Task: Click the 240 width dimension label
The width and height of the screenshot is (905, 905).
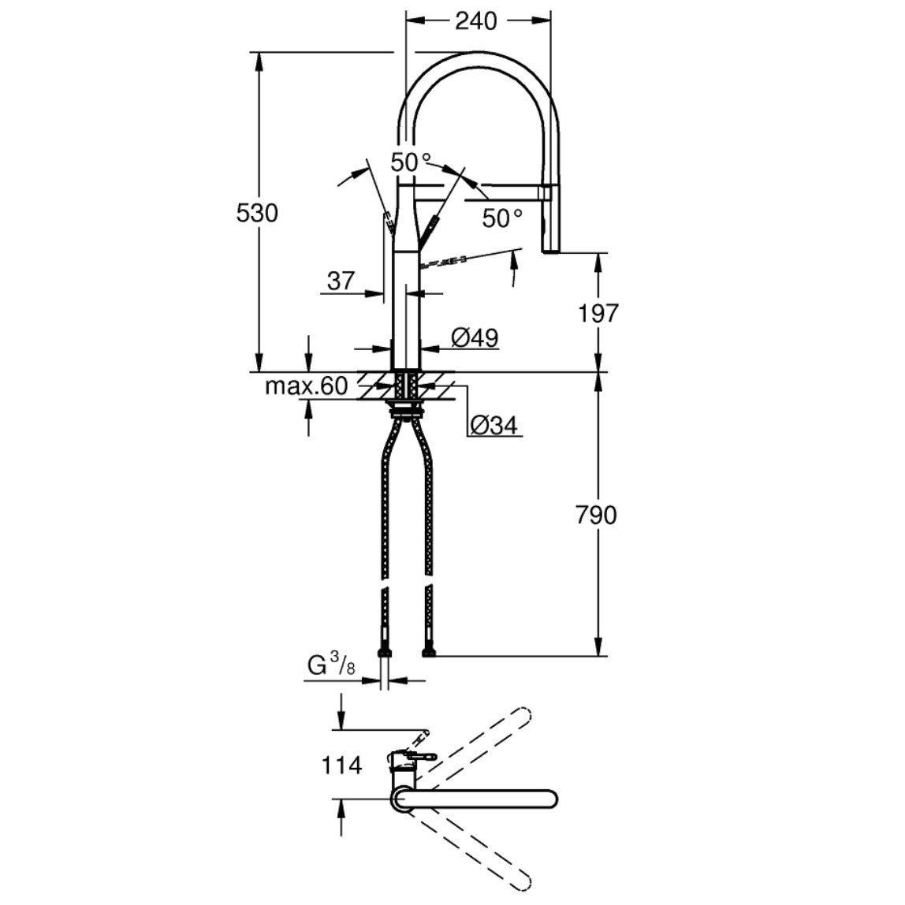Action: click(476, 20)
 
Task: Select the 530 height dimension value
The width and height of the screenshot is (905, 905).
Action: click(258, 213)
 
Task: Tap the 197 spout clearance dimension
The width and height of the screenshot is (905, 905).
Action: click(599, 314)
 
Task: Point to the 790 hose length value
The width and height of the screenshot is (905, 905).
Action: click(597, 516)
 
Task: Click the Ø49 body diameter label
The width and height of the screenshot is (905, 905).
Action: click(475, 337)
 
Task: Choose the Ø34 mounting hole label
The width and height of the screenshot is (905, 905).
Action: click(493, 426)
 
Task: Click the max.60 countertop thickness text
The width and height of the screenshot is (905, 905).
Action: click(306, 386)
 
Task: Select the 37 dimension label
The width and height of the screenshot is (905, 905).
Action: click(341, 281)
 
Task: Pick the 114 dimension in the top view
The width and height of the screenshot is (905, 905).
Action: click(341, 764)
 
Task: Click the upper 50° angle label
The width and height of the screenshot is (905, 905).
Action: click(411, 162)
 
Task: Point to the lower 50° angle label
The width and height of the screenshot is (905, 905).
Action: click(502, 218)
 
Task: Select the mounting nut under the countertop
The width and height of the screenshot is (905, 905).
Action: click(408, 408)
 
